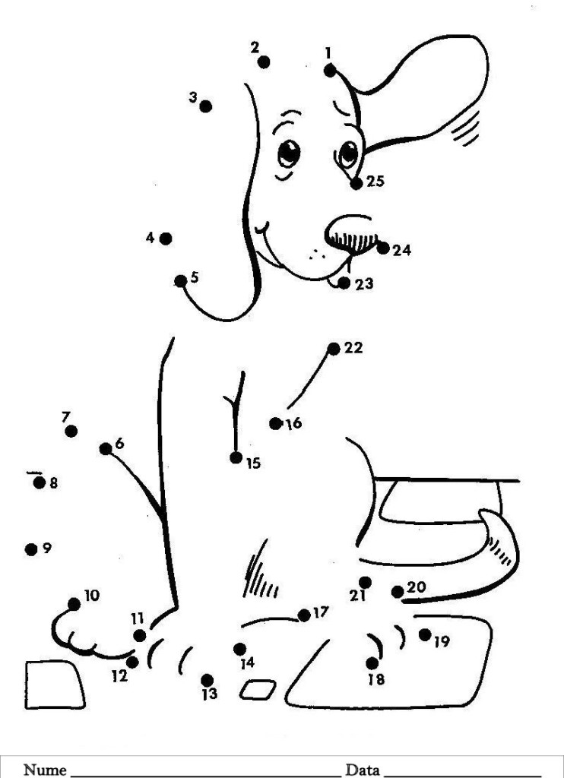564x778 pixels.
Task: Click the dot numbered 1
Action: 330,71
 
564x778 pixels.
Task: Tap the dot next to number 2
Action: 264,62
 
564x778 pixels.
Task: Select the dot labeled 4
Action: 166,239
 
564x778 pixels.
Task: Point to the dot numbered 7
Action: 71,432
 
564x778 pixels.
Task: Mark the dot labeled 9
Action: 31,549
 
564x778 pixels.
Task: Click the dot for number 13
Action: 207,680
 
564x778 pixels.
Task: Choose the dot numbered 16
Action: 276,423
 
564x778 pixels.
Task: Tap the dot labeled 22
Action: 334,349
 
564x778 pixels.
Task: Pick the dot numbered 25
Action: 356,184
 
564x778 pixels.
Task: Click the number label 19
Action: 442,641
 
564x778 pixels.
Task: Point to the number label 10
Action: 92,595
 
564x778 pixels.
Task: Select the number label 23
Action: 364,284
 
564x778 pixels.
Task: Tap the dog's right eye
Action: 349,153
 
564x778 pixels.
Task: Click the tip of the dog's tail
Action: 484,514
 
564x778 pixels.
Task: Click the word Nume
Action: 45,770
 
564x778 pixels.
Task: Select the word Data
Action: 363,770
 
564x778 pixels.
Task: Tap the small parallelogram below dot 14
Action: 258,690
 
